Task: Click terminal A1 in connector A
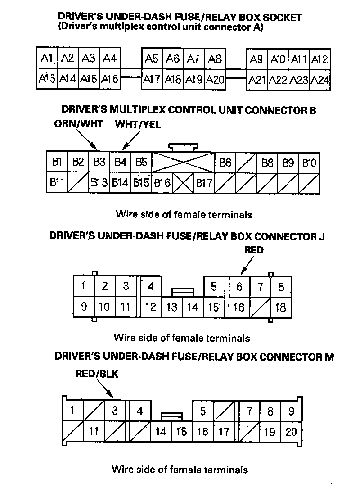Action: pos(47,58)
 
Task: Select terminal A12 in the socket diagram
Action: pos(320,59)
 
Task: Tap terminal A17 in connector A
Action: pos(152,79)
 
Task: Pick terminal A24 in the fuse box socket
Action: pos(320,80)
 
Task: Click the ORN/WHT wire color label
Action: pos(79,124)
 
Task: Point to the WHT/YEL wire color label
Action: pos(138,124)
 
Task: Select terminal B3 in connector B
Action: pos(99,162)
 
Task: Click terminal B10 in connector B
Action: pos(309,163)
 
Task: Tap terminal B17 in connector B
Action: pos(204,183)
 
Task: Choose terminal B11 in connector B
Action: pos(57,182)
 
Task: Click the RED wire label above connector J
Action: pos(254,250)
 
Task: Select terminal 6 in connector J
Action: pos(239,286)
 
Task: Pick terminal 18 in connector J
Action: pos(281,307)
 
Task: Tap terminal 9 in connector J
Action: pos(84,307)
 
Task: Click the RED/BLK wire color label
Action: pos(97,374)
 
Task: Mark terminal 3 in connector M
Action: pos(115,411)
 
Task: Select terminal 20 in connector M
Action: pos(291,432)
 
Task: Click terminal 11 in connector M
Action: pos(94,431)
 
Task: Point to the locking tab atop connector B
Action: pos(183,147)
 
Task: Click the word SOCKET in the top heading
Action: pos(282,17)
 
